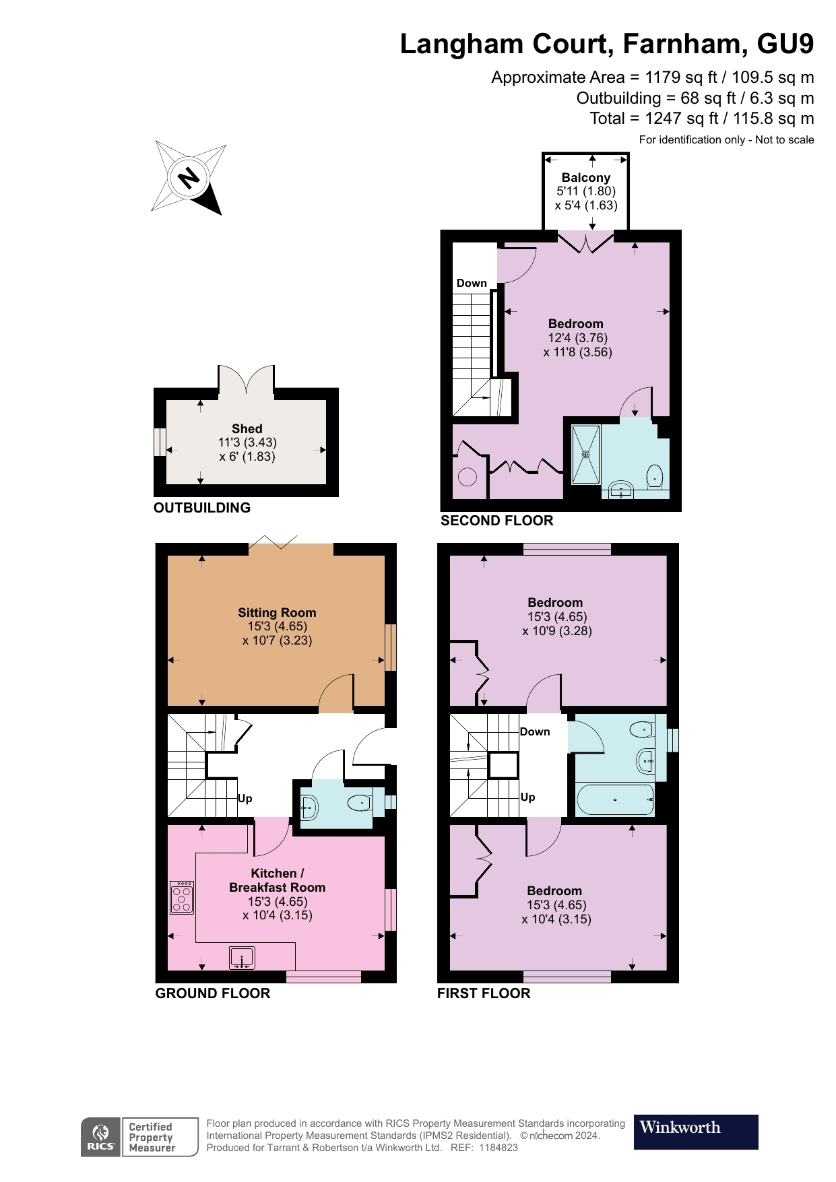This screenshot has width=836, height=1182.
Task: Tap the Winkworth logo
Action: click(x=696, y=1131)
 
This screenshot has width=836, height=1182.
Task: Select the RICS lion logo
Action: click(x=101, y=1137)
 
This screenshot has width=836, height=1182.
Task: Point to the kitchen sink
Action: click(x=242, y=958)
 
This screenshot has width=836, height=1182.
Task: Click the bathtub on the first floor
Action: click(x=615, y=799)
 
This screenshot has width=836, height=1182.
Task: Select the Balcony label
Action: click(x=586, y=177)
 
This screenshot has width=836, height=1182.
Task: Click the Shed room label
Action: click(x=247, y=428)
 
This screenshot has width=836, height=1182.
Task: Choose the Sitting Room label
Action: click(x=277, y=612)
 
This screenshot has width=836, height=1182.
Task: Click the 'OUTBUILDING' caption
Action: click(x=202, y=508)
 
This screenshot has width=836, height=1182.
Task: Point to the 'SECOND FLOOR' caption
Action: click(x=497, y=521)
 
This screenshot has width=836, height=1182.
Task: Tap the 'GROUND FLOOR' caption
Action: click(x=213, y=993)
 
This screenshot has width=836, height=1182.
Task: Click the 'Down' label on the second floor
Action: click(x=472, y=283)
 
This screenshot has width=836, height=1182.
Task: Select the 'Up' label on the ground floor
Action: click(x=245, y=799)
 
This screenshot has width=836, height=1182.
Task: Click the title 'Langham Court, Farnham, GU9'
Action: click(x=607, y=44)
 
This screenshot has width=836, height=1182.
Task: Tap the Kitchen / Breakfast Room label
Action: click(x=278, y=880)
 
